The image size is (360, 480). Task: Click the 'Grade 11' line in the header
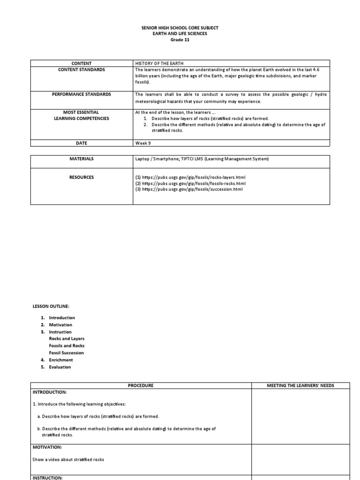point(180,40)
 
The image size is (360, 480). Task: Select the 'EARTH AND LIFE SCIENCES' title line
point(180,34)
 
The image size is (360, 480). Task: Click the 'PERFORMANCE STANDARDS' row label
point(82,94)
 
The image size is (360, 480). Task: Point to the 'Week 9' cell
point(143,143)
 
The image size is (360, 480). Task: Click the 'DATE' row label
point(82,143)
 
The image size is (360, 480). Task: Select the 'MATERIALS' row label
point(82,159)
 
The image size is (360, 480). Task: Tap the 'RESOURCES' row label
point(82,177)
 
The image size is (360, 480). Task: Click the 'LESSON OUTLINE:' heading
point(51,306)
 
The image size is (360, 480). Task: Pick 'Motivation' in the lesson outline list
point(60,324)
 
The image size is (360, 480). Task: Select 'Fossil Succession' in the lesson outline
point(67,352)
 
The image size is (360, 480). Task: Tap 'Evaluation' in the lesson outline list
point(60,367)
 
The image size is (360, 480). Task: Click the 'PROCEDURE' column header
point(141,385)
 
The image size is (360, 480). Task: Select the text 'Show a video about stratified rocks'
point(68,459)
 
